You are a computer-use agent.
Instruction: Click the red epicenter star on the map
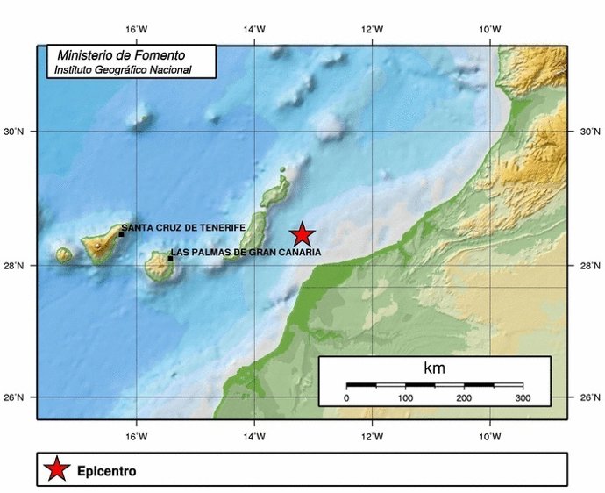pyautogui.click(x=302, y=234)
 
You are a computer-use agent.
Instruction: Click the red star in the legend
pyautogui.click(x=57, y=469)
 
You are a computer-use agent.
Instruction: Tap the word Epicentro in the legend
pyautogui.click(x=106, y=471)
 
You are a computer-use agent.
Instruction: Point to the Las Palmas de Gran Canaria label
pyautogui.click(x=246, y=253)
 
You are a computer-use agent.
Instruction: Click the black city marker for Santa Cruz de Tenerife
pyautogui.click(x=122, y=233)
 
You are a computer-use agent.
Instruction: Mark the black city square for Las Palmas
pyautogui.click(x=170, y=258)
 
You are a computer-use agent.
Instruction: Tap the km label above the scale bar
pyautogui.click(x=434, y=368)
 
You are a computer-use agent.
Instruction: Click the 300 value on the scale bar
pyautogui.click(x=523, y=399)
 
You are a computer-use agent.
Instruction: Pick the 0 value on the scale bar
pyautogui.click(x=346, y=399)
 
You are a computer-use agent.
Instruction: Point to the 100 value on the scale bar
pyautogui.click(x=405, y=399)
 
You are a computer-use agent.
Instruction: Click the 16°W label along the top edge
pyautogui.click(x=136, y=30)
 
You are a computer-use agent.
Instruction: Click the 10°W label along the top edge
pyautogui.click(x=490, y=30)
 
